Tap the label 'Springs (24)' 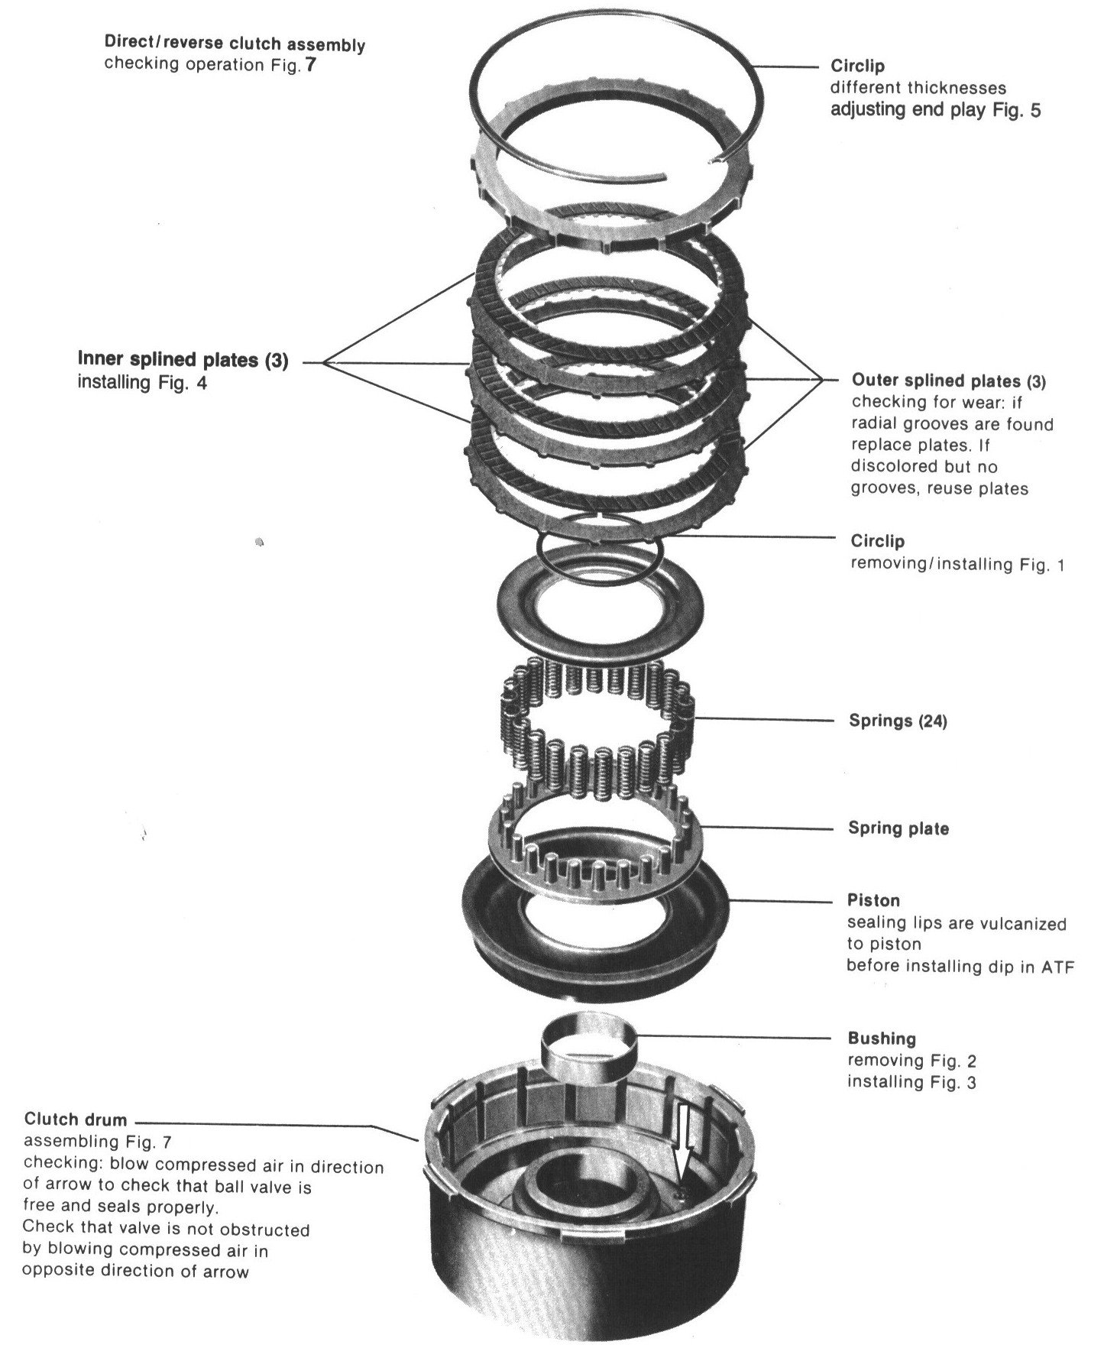[x=898, y=721]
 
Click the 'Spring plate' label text [x=898, y=828]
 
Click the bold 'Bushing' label [x=881, y=1039]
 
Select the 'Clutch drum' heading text [x=76, y=1120]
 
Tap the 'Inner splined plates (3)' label [x=183, y=361]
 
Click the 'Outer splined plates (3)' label [x=948, y=381]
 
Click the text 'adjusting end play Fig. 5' [x=935, y=110]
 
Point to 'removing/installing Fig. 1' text [x=957, y=565]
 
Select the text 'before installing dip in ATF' [x=960, y=966]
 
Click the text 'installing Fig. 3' [x=911, y=1082]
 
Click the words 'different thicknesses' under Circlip [x=918, y=88]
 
